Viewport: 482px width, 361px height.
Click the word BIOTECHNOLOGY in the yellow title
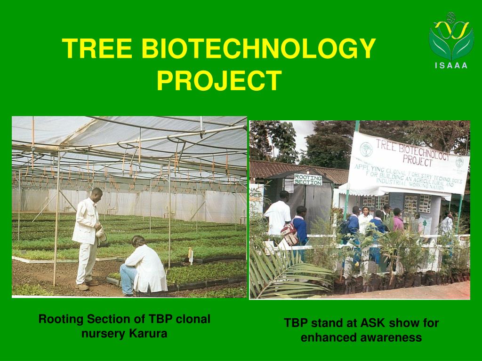pyautogui.click(x=258, y=48)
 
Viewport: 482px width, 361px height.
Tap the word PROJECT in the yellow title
pyautogui.click(x=219, y=80)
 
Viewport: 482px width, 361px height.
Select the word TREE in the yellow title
pyautogui.click(x=97, y=48)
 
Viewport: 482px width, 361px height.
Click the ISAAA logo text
pyautogui.click(x=451, y=65)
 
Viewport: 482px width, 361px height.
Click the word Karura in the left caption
pyautogui.click(x=148, y=333)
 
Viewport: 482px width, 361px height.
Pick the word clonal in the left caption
pyautogui.click(x=193, y=319)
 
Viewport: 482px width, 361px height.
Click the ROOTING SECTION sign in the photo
pyautogui.click(x=308, y=180)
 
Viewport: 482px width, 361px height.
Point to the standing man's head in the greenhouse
pyautogui.click(x=96, y=195)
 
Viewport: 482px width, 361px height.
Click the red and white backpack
pyautogui.click(x=289, y=233)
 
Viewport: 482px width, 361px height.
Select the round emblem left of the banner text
pyautogui.click(x=366, y=149)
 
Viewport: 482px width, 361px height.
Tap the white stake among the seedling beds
pyautogui.click(x=191, y=256)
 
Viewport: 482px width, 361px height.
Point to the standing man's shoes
pyautogui.click(x=87, y=285)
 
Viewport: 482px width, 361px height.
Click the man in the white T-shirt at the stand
pyautogui.click(x=278, y=214)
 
